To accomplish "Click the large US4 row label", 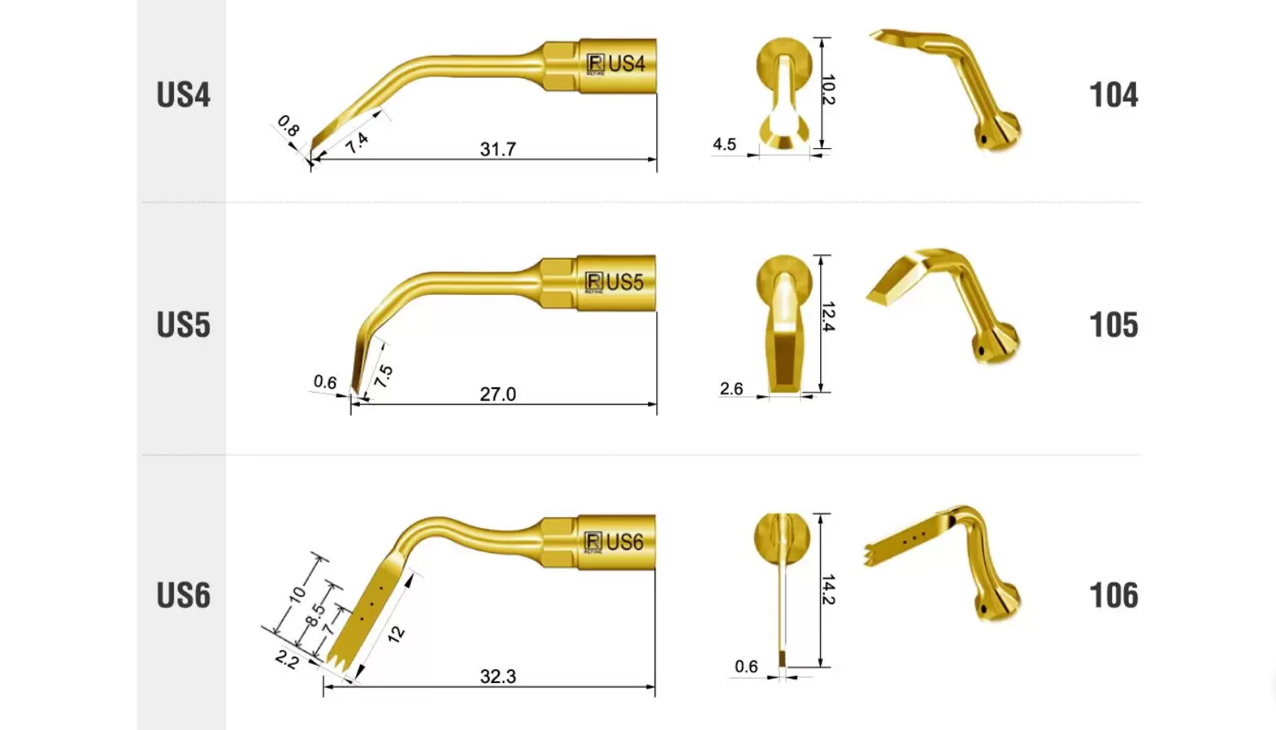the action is [184, 95].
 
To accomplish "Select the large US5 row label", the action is [184, 325].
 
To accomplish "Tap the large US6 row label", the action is [184, 595].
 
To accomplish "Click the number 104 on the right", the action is [1113, 95].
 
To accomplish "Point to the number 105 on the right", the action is [1113, 325].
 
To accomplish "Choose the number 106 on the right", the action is [1113, 595].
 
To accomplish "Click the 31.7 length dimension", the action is [498, 149].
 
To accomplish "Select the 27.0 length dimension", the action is [498, 394].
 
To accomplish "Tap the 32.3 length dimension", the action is [498, 676].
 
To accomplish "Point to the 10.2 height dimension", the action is [828, 89].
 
